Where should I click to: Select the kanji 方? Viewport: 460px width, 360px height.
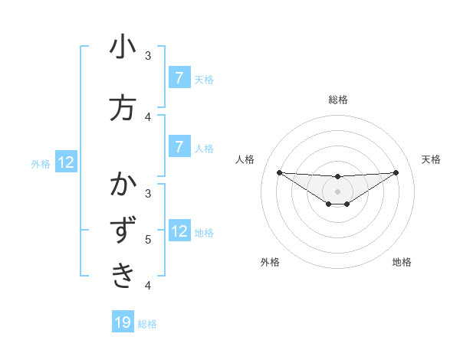point(123,108)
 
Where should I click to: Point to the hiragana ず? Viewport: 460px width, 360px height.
point(123,231)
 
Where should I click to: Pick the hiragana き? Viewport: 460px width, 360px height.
point(123,274)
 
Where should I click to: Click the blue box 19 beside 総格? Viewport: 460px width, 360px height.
point(123,322)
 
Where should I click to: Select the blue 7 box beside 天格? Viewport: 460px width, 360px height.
point(179,77)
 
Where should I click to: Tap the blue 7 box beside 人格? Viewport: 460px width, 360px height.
point(179,146)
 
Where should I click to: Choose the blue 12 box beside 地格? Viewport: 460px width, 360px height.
point(179,231)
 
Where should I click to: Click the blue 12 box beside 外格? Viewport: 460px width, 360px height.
point(65,162)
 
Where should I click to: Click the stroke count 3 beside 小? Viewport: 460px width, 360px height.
point(148,56)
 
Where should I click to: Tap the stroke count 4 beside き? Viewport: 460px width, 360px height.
point(148,286)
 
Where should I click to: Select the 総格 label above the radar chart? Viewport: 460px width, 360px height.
point(337,100)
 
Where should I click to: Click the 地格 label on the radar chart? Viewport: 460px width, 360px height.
point(402,263)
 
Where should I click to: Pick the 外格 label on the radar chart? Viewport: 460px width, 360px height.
point(270,263)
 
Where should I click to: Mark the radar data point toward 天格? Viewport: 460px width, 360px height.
point(396,172)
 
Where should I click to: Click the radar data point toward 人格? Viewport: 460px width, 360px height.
point(279,172)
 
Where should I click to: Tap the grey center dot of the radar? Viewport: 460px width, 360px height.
point(337,191)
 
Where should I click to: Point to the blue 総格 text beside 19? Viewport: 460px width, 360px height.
point(147,324)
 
